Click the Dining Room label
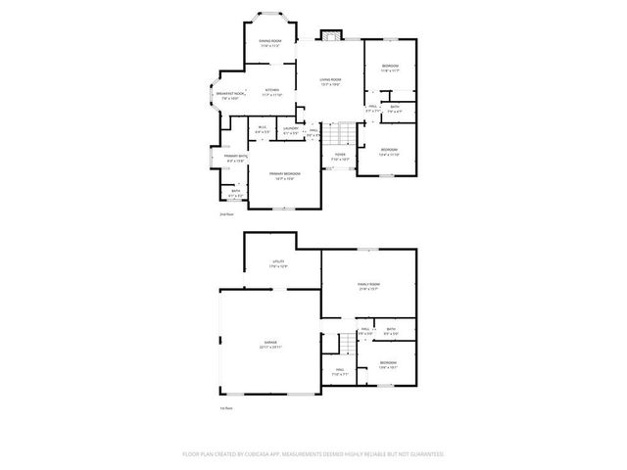(x=269, y=41)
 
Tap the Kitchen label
(x=271, y=90)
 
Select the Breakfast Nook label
(x=231, y=93)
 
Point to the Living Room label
(x=330, y=80)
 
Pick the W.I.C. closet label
(x=262, y=127)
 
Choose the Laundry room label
(x=291, y=128)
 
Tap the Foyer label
(x=339, y=154)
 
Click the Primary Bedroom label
(x=285, y=173)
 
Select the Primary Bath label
(x=235, y=156)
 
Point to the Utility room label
(x=278, y=261)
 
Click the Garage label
(x=269, y=344)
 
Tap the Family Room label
(x=368, y=285)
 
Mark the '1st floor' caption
(x=225, y=407)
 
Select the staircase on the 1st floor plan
(x=346, y=343)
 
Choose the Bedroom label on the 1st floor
(x=388, y=364)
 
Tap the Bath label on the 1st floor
(x=391, y=330)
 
